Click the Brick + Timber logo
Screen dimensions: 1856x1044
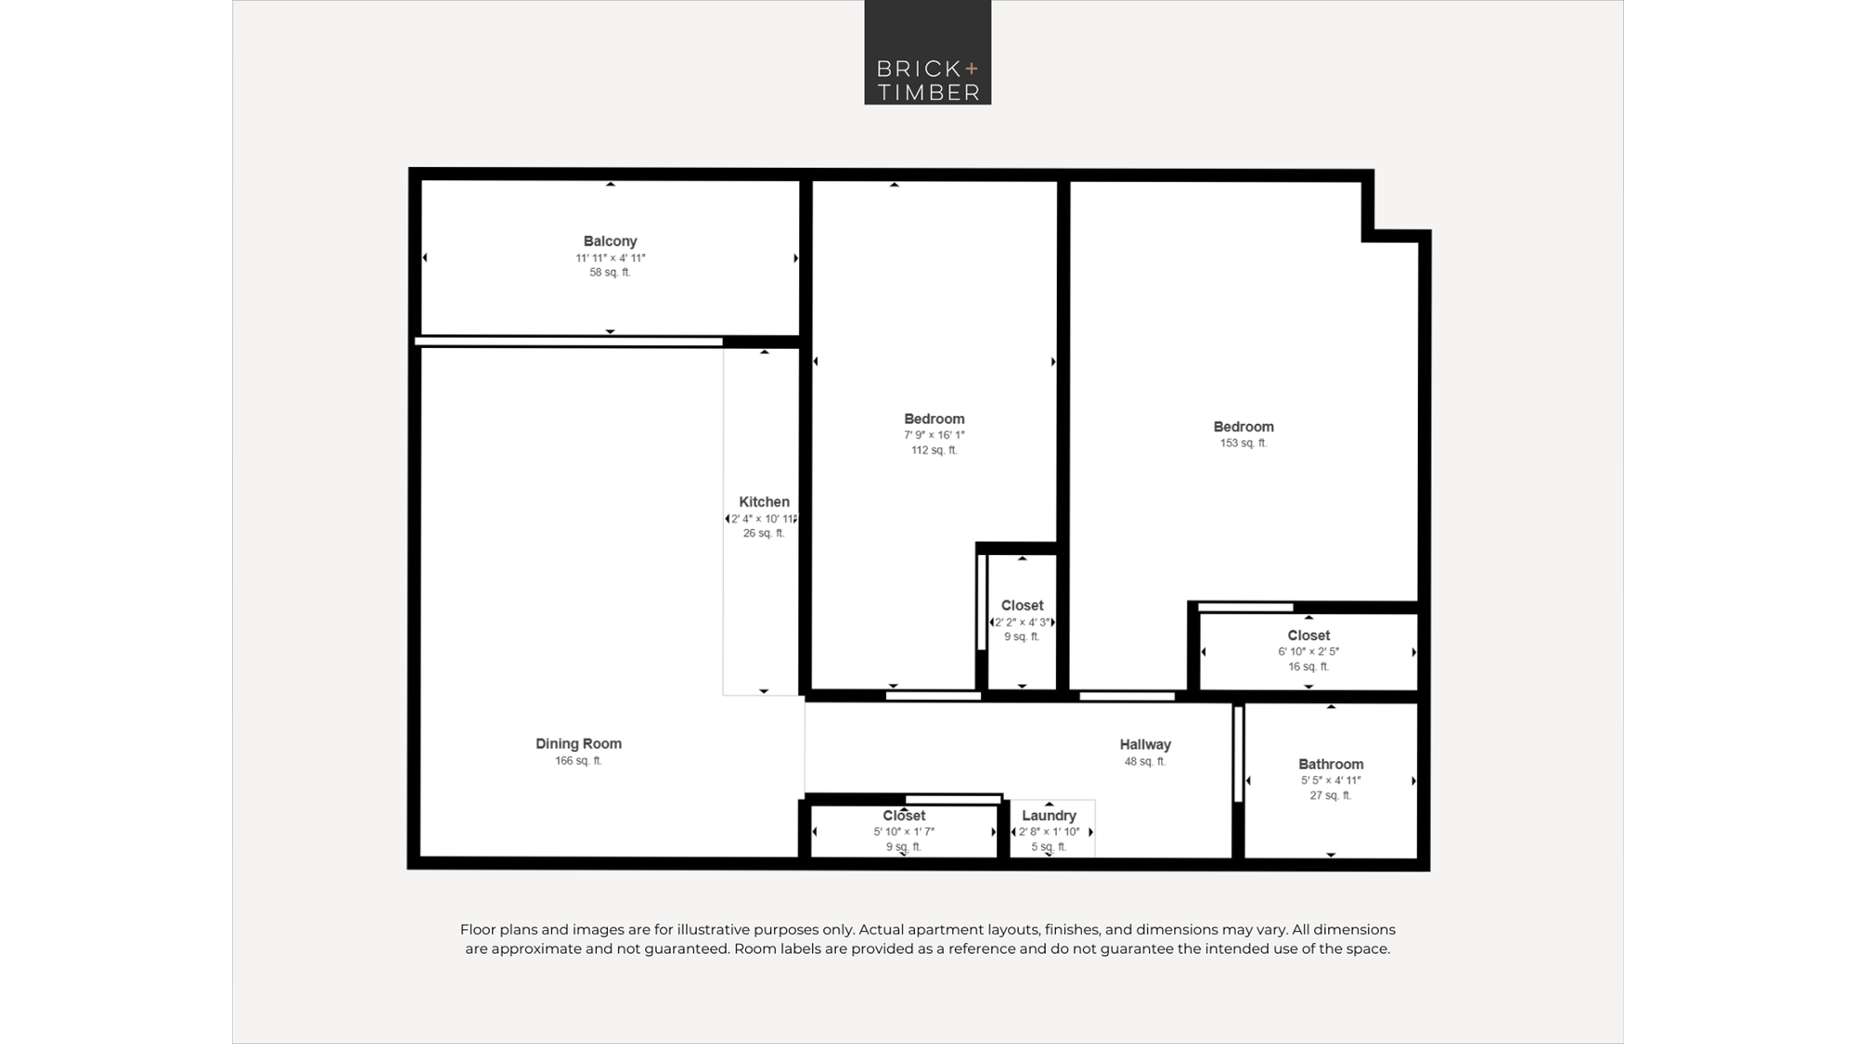928,52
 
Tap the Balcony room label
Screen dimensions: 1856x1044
610,241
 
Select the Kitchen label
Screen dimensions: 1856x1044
764,502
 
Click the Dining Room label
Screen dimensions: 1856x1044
578,743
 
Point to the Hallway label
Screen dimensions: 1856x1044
1145,744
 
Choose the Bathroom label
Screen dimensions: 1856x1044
1331,765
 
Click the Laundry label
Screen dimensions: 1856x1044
1049,816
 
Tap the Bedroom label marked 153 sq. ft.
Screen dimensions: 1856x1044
1244,427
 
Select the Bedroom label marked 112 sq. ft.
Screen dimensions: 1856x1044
934,419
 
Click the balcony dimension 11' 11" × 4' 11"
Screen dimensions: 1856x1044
610,258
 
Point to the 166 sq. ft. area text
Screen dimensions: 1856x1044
578,761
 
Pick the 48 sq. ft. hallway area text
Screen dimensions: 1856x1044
1145,762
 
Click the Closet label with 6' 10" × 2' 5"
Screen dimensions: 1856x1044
1308,636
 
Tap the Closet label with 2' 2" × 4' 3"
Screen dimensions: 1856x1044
1022,606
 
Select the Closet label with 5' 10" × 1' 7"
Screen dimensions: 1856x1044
904,816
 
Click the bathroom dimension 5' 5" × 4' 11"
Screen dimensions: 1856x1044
1331,780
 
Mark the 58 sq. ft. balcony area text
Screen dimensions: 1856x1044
610,273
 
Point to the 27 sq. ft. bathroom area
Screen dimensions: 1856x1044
1331,795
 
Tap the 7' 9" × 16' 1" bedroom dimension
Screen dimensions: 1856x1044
934,435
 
